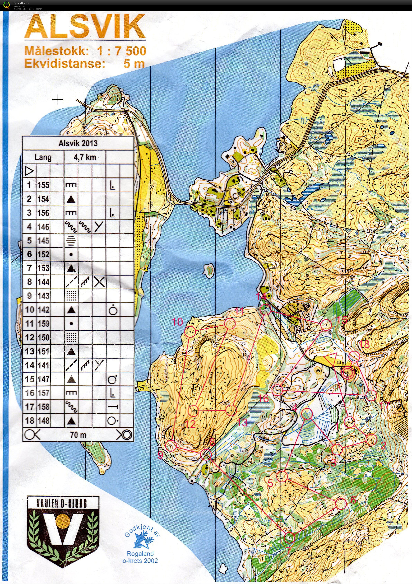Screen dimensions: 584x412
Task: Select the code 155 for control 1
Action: (x=43, y=185)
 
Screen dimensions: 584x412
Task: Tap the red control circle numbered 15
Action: (x=326, y=325)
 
